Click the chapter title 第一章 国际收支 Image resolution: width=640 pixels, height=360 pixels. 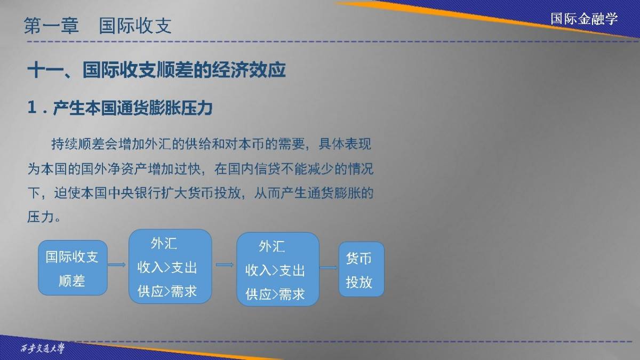click(98, 26)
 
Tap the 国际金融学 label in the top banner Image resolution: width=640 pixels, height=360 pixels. click(584, 19)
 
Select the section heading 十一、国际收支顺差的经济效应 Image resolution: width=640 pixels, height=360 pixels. click(157, 70)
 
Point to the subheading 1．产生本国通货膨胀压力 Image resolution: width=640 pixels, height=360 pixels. click(120, 108)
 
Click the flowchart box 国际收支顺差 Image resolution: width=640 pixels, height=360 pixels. click(73, 268)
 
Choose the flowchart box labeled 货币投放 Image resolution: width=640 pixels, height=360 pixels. click(362, 269)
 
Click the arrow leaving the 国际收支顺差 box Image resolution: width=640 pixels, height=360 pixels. click(117, 265)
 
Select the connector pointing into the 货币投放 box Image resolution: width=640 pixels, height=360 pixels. click(329, 268)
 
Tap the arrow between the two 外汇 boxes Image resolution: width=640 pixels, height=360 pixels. click(225, 265)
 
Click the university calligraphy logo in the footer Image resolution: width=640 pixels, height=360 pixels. click(43, 348)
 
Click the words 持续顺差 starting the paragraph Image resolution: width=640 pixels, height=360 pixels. click(77, 144)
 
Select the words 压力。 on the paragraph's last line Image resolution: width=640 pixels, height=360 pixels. click(44, 217)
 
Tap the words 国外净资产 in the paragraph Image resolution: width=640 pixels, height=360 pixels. click(114, 169)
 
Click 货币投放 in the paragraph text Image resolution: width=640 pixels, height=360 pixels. click(214, 193)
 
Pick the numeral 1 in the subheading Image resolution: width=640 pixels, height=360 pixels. click(32, 108)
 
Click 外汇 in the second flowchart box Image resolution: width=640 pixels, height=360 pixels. click(164, 244)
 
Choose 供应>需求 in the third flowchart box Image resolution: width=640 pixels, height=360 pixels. click(275, 294)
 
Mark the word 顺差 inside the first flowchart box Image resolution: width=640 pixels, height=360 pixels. click(72, 281)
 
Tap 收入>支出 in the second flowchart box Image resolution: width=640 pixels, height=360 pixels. click(167, 268)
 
